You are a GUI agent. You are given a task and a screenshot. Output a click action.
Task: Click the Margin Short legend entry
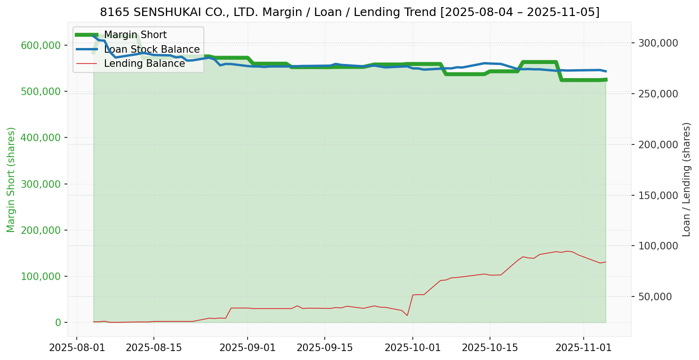click(135, 35)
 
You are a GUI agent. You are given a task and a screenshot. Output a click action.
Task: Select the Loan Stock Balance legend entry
click(152, 49)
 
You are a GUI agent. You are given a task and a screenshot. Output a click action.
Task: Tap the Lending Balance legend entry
click(144, 64)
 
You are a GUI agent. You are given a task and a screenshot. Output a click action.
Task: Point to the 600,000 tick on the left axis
click(41, 45)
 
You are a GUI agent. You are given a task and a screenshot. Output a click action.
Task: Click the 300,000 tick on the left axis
click(41, 184)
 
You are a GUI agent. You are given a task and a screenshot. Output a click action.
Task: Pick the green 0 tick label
click(59, 322)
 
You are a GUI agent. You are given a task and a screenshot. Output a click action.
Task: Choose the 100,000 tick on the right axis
click(658, 246)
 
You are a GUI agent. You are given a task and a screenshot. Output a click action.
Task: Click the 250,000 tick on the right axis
click(658, 94)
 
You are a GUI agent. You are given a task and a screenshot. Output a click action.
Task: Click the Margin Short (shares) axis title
click(11, 179)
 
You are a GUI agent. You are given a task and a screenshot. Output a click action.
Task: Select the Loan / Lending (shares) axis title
click(686, 179)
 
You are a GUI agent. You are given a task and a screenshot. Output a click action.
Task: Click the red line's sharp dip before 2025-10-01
click(407, 315)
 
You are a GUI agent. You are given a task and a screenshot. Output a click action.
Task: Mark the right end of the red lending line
click(606, 262)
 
